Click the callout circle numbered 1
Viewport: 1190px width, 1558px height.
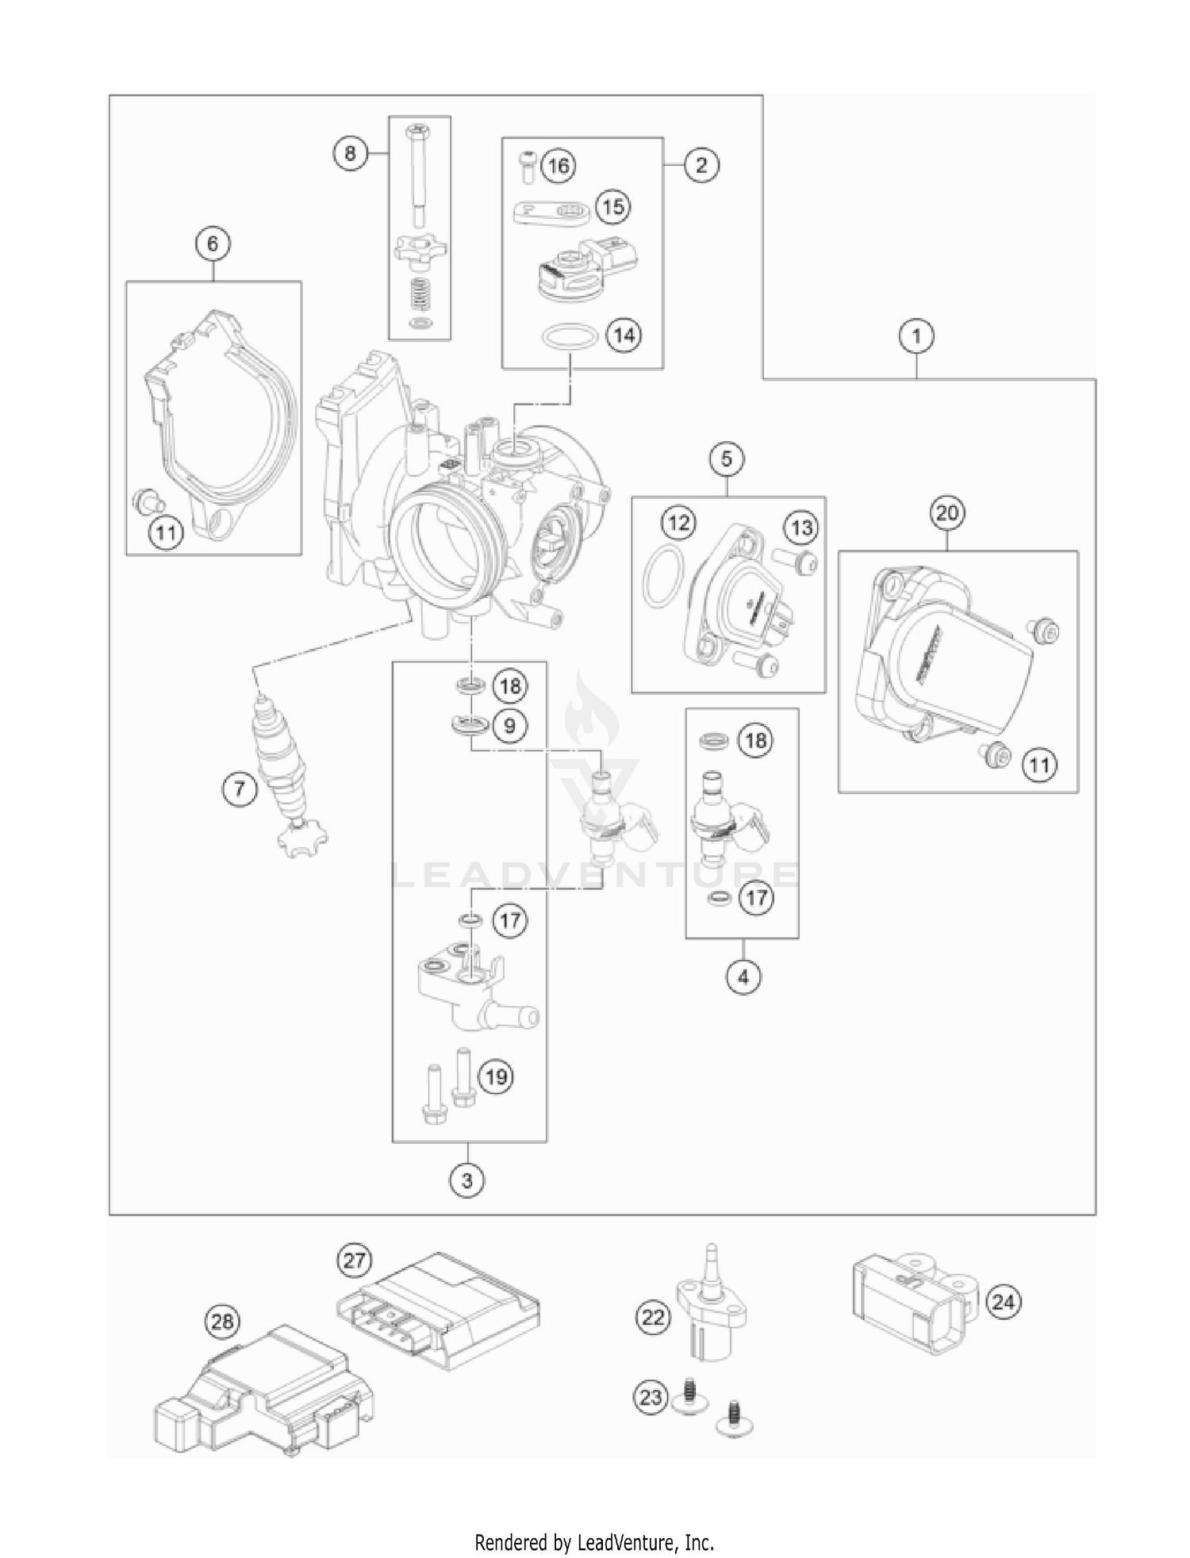pos(916,336)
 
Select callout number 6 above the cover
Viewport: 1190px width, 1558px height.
pos(212,244)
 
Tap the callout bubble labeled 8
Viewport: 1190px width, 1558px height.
pos(350,152)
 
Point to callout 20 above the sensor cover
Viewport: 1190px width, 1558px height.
pos(947,513)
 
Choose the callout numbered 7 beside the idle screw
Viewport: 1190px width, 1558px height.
pos(240,789)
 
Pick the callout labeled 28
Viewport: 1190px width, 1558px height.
pos(224,1322)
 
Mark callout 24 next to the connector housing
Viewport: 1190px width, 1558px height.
pos(1003,1302)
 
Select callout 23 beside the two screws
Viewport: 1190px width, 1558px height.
pos(651,1395)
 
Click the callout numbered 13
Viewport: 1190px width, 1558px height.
pos(801,528)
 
